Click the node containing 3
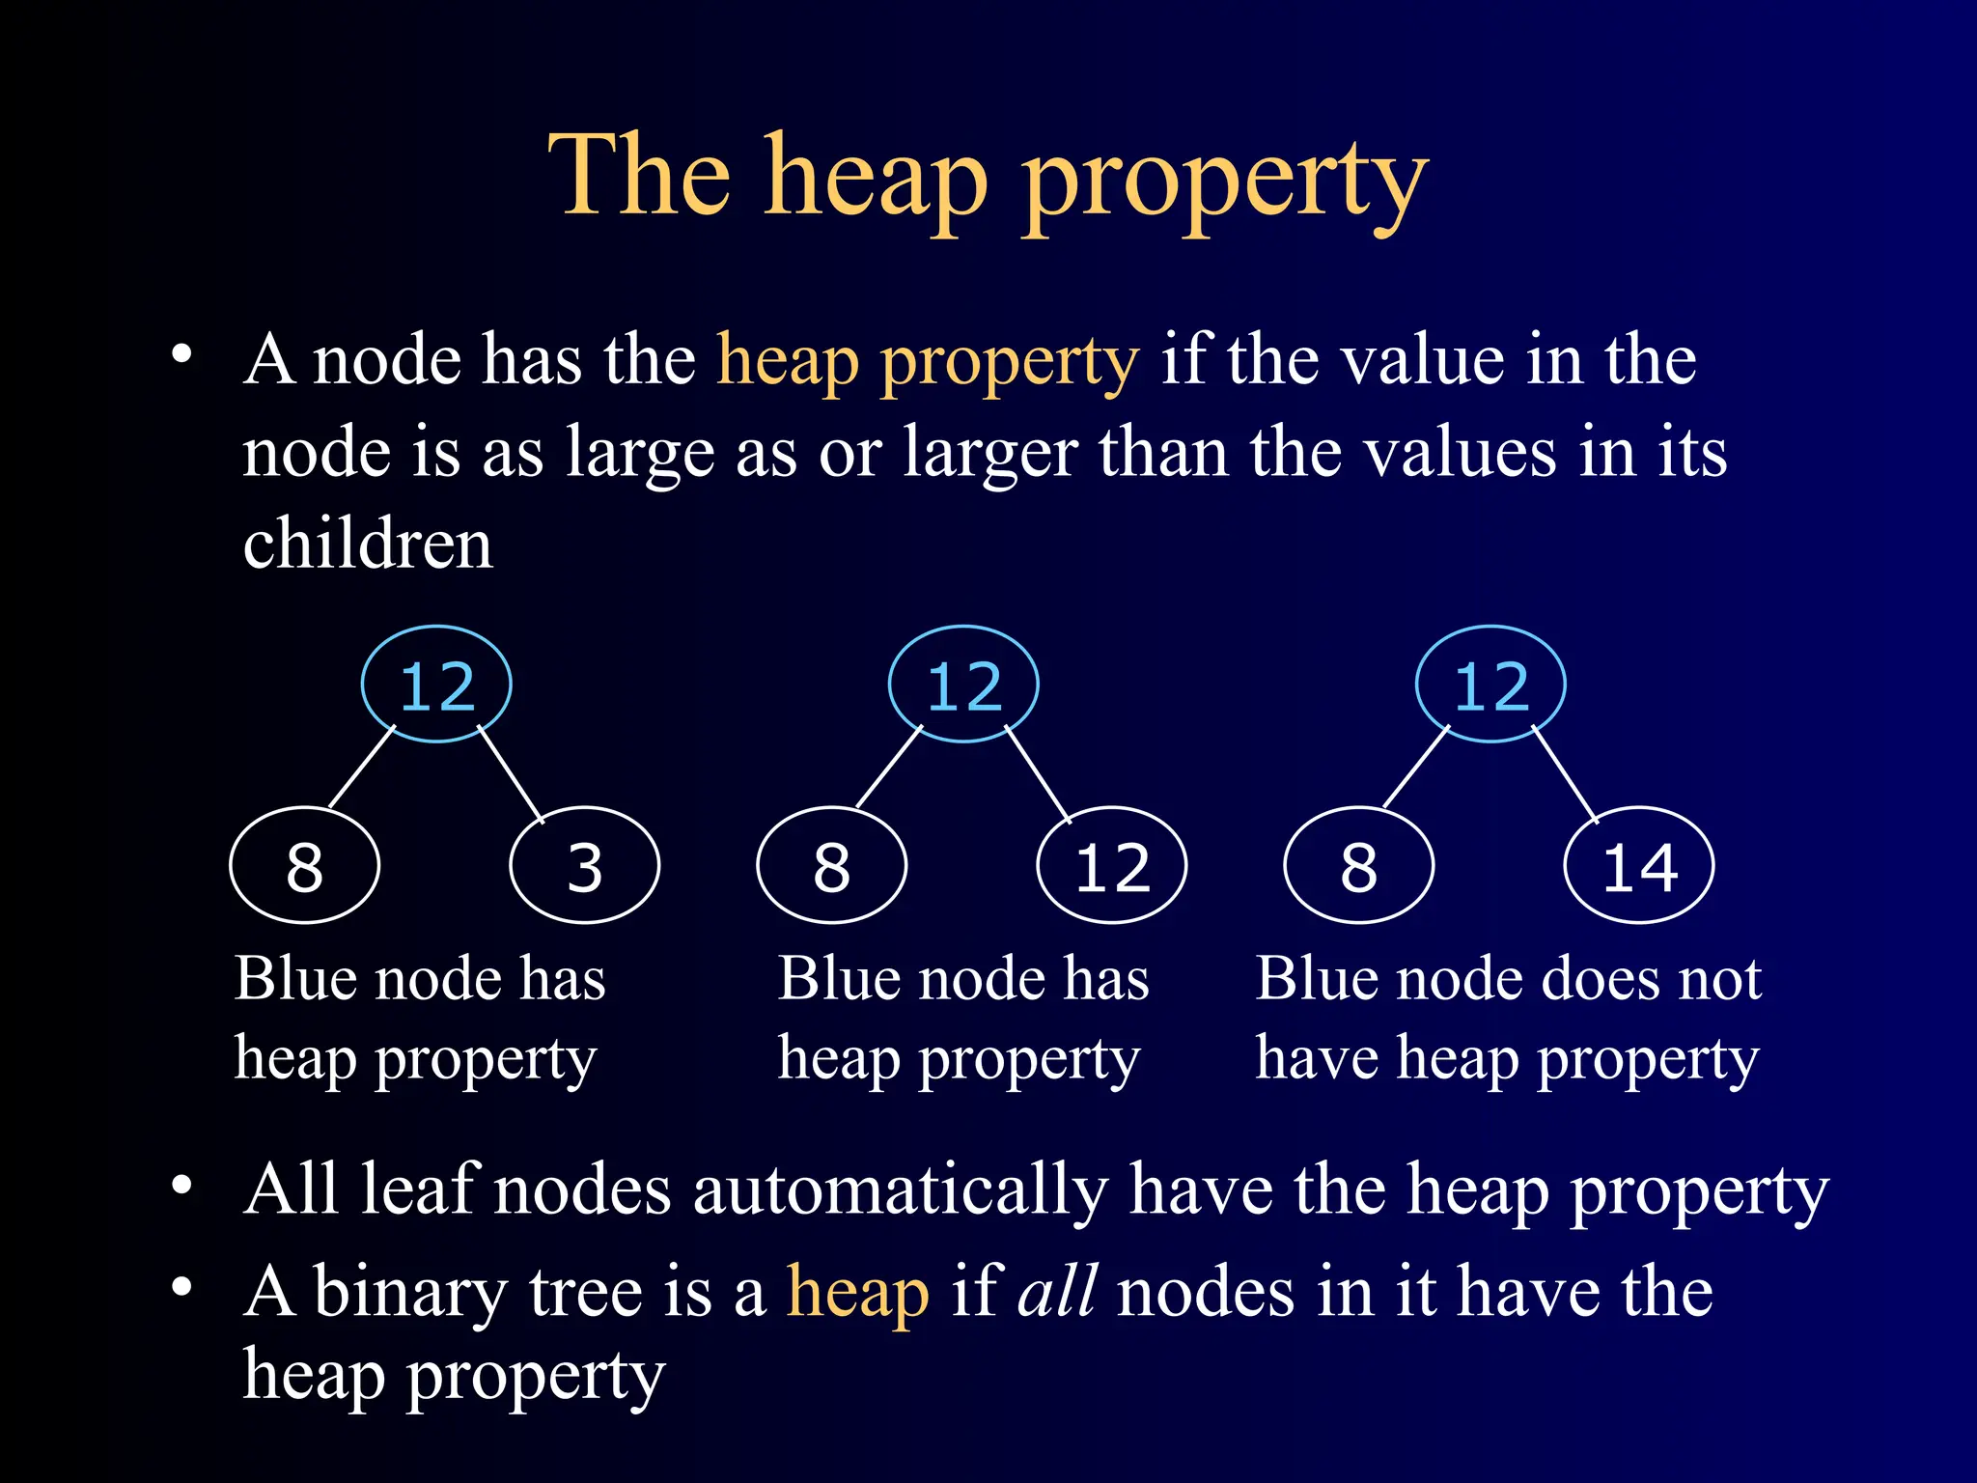coord(584,865)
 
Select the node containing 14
coord(1638,865)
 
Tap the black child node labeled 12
coord(1111,865)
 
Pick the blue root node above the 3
coord(436,685)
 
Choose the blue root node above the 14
coord(1490,685)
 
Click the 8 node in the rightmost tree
coord(1358,865)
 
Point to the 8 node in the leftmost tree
coord(304,865)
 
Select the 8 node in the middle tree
coord(831,865)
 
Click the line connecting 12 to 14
coord(1566,774)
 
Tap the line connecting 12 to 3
coord(512,774)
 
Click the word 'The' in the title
coord(639,176)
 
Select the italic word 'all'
coord(1057,1292)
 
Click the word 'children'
coord(368,544)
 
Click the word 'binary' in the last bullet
coord(410,1292)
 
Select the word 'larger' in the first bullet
coord(990,452)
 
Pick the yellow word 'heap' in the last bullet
coord(858,1292)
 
